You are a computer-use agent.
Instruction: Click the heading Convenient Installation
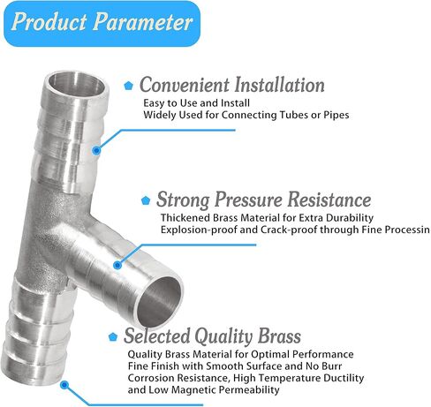(231, 86)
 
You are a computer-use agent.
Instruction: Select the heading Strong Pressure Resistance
(263, 200)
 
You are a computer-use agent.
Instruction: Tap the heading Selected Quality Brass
(212, 336)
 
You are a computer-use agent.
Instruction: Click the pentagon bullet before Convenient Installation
(128, 87)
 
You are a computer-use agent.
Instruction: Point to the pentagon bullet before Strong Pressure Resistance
(146, 200)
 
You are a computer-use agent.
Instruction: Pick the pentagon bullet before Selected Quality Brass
(112, 337)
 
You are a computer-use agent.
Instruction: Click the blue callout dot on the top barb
(95, 150)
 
